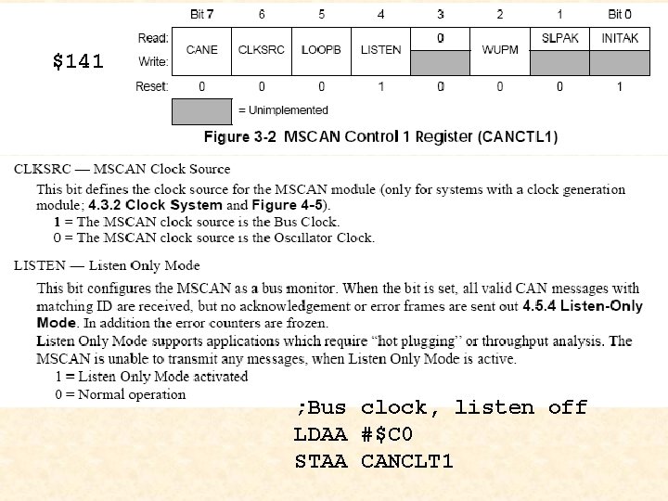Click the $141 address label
pyautogui.click(x=78, y=62)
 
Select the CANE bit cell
pyautogui.click(x=201, y=50)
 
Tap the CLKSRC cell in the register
pyautogui.click(x=261, y=50)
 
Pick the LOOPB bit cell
pyautogui.click(x=321, y=50)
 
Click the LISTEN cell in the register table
pyautogui.click(x=380, y=50)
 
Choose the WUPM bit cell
pyautogui.click(x=499, y=50)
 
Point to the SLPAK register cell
pyautogui.click(x=559, y=38)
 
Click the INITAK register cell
pyautogui.click(x=620, y=38)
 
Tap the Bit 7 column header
pyautogui.click(x=201, y=14)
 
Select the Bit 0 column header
pyautogui.click(x=620, y=14)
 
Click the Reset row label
pyautogui.click(x=152, y=86)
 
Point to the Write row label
pyautogui.click(x=153, y=62)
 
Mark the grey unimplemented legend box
pyautogui.click(x=201, y=111)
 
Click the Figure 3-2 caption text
pyautogui.click(x=380, y=137)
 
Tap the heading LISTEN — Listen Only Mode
pyautogui.click(x=107, y=266)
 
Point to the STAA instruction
pyautogui.click(x=320, y=461)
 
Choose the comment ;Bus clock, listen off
pyautogui.click(x=441, y=407)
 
